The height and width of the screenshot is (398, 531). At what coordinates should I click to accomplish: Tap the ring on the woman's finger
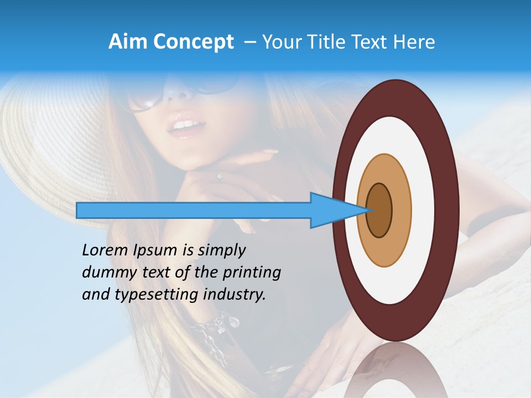220,177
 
